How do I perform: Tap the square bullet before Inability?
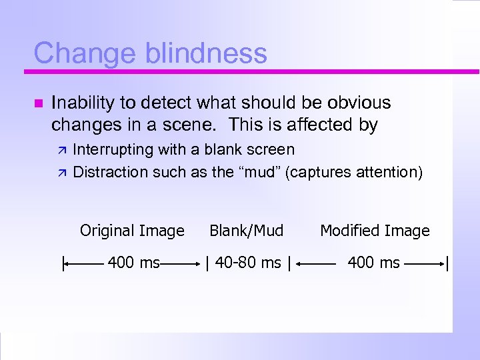pyautogui.click(x=37, y=103)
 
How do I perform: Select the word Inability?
pyautogui.click(x=84, y=103)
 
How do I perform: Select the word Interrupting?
pyautogui.click(x=113, y=149)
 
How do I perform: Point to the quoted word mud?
pyautogui.click(x=259, y=172)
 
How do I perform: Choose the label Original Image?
pyautogui.click(x=132, y=231)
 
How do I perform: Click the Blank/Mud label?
pyautogui.click(x=247, y=231)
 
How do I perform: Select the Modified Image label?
pyautogui.click(x=375, y=231)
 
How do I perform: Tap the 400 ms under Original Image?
pyautogui.click(x=133, y=263)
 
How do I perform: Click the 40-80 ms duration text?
pyautogui.click(x=247, y=263)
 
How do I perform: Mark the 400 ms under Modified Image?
pyautogui.click(x=374, y=263)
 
